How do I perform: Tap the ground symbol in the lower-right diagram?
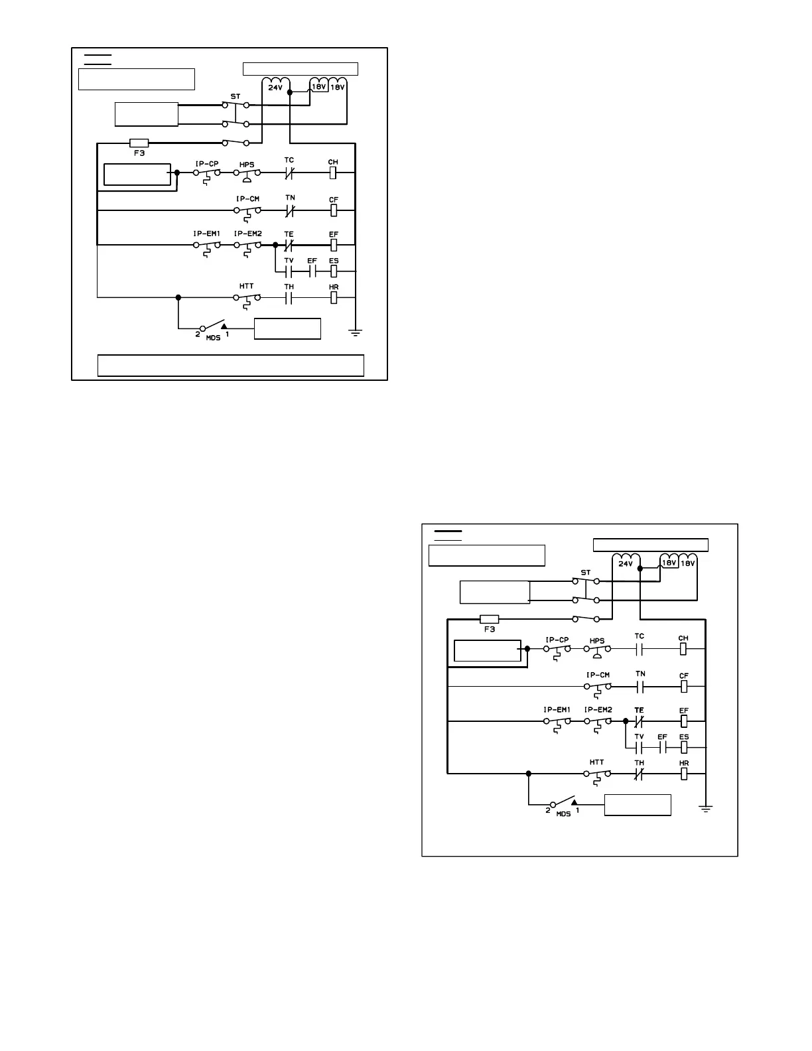(x=707, y=808)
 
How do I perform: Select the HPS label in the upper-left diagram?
(x=247, y=164)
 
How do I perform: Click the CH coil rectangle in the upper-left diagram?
(x=334, y=173)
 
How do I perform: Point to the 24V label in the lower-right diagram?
(x=626, y=563)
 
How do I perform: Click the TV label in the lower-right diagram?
(x=639, y=736)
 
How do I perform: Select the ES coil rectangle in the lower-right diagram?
(x=684, y=747)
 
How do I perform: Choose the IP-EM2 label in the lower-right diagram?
(x=598, y=709)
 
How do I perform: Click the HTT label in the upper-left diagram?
(x=247, y=287)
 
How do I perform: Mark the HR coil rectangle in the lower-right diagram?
(x=684, y=774)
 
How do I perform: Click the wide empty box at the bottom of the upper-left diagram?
(x=230, y=366)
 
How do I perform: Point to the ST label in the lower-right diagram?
(x=585, y=572)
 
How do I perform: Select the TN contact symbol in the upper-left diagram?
(x=289, y=211)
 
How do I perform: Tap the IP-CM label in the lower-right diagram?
(x=597, y=675)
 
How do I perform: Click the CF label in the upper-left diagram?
(x=334, y=200)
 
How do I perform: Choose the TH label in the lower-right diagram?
(x=639, y=763)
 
